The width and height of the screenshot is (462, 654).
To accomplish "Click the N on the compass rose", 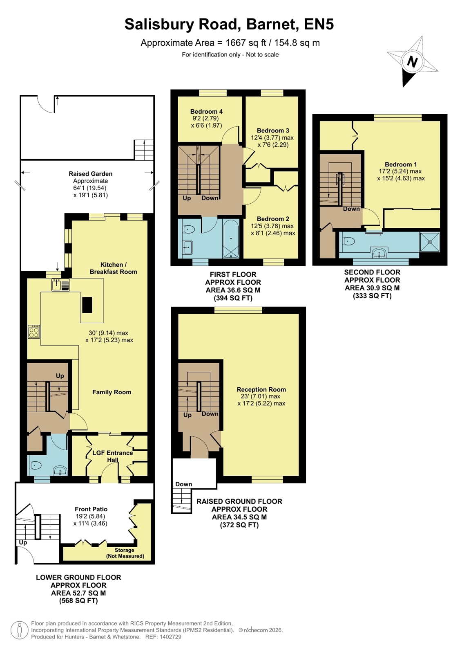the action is (412, 62).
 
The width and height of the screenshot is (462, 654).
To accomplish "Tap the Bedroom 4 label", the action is (206, 112).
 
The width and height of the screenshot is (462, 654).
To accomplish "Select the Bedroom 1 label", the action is (401, 164).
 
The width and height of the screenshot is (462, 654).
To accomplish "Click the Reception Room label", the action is (261, 389).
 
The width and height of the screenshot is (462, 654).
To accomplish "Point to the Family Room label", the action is (112, 392).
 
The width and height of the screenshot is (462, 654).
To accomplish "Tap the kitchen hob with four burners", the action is (34, 332).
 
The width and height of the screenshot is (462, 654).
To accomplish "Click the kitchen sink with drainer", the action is (61, 285).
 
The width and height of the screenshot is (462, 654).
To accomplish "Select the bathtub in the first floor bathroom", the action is (231, 238).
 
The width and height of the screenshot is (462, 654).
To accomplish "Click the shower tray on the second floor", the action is (430, 242).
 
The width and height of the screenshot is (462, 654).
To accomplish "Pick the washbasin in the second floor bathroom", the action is (379, 252).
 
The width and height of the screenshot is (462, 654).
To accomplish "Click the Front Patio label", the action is (91, 509).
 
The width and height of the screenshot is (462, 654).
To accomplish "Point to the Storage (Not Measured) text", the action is (125, 553).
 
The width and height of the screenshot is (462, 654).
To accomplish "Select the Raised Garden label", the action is (90, 174).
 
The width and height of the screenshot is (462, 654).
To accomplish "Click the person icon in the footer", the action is (20, 630).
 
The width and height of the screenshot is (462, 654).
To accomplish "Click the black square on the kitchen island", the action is (87, 305).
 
